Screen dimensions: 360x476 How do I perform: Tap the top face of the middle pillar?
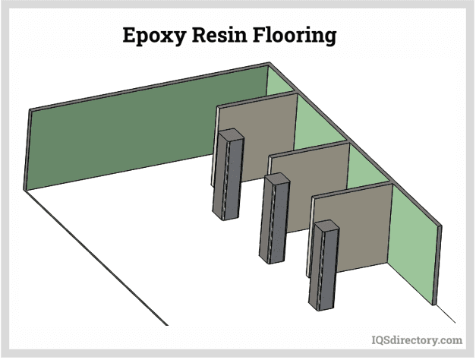(x=275, y=178)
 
